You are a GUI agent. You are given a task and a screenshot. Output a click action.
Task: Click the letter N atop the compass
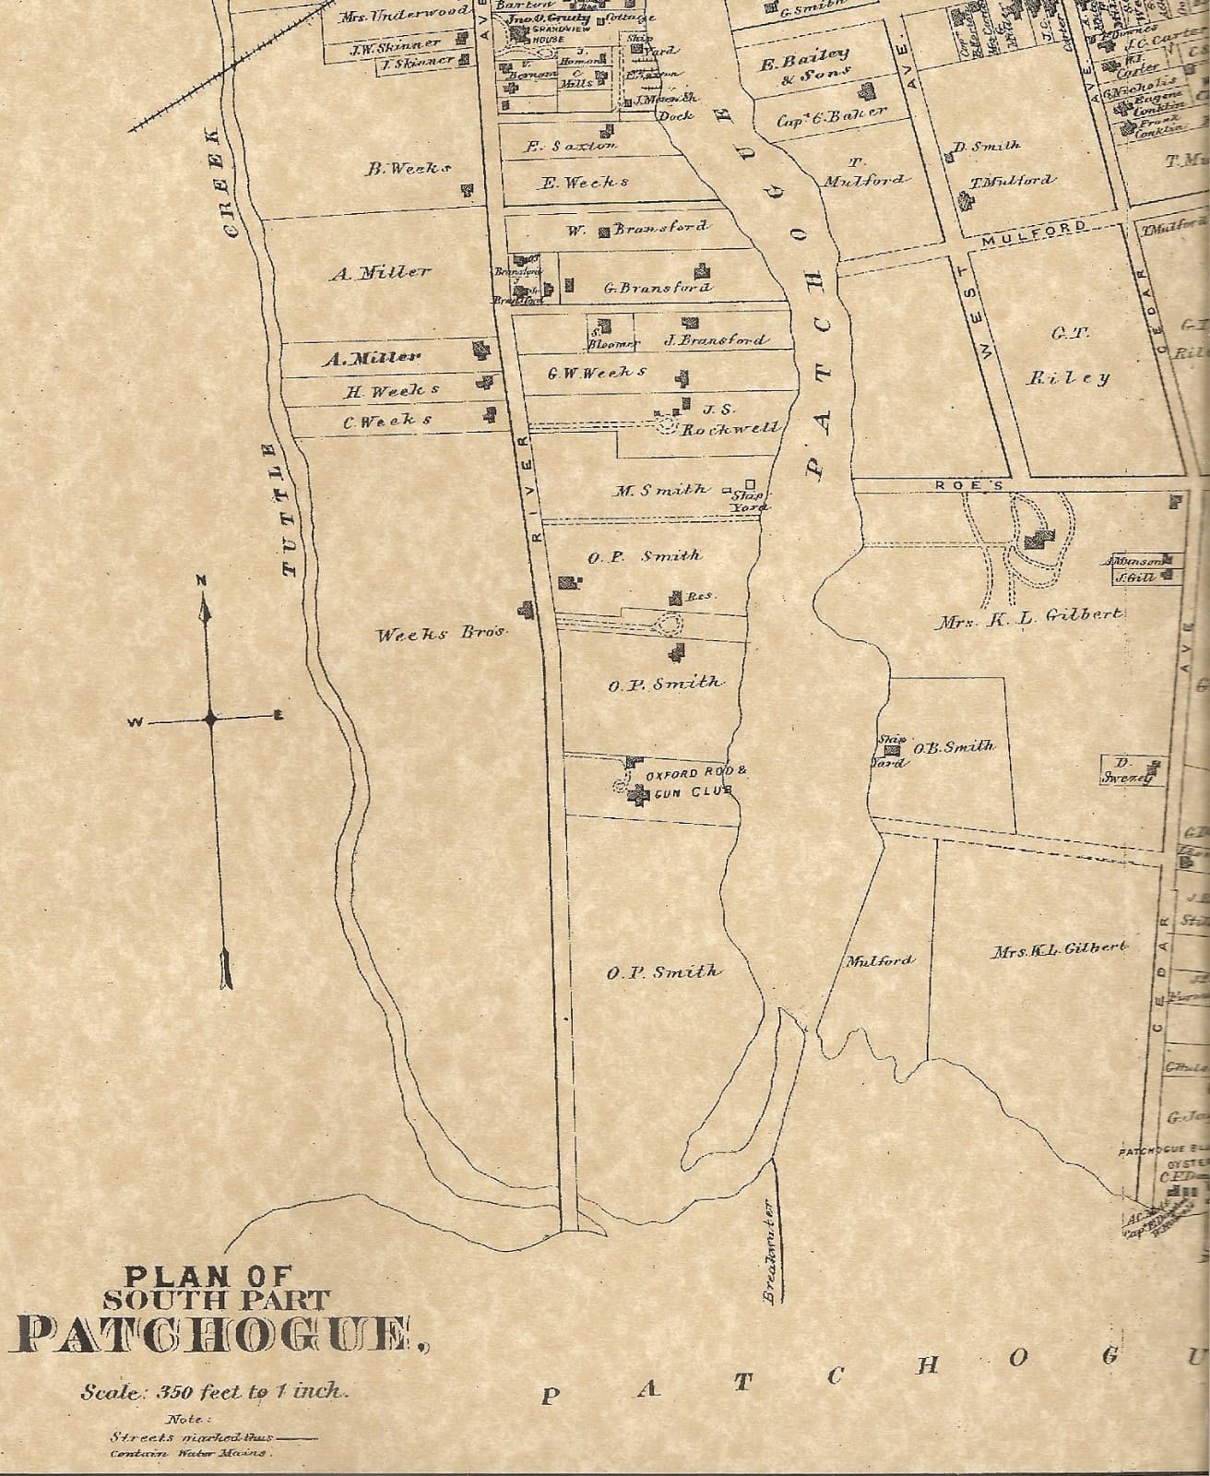201,580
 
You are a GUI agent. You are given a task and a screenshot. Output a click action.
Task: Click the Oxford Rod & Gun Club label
687,782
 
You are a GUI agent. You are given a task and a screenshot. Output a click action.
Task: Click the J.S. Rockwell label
729,419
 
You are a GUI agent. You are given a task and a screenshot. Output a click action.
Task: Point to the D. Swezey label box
1127,770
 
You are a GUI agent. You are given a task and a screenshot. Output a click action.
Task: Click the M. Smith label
661,490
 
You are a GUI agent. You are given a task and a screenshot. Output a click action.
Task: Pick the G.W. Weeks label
597,373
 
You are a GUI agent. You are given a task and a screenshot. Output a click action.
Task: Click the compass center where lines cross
211,719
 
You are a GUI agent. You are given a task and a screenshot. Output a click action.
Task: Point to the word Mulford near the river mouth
881,960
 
